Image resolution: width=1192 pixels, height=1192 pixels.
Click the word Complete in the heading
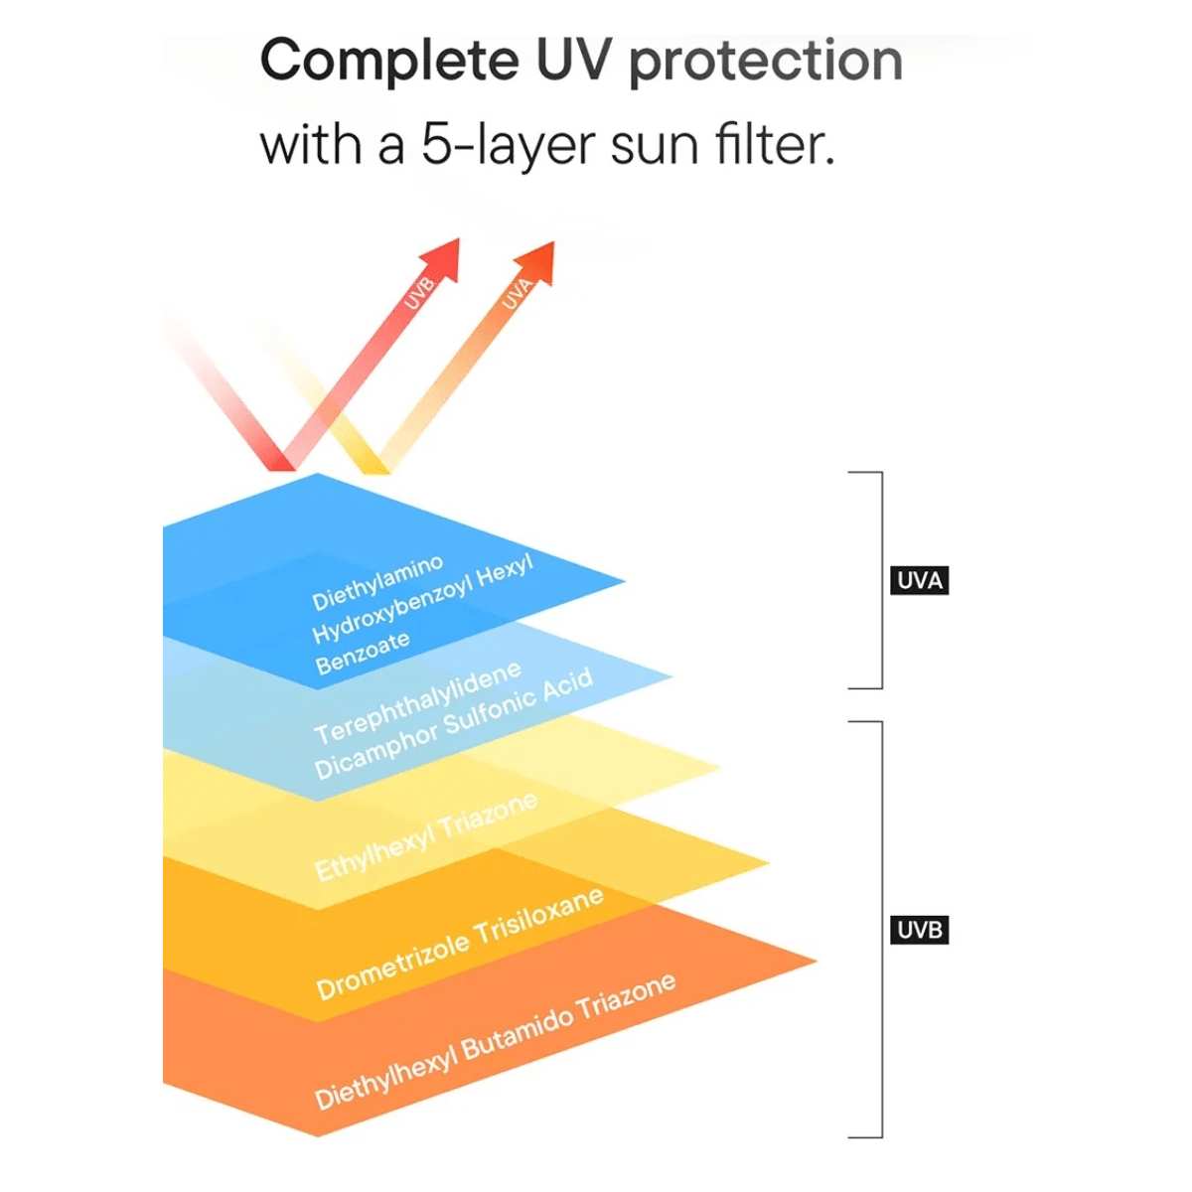[x=388, y=61]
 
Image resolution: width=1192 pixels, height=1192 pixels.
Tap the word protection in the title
[x=766, y=63]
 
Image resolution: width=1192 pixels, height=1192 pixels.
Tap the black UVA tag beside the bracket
[x=919, y=580]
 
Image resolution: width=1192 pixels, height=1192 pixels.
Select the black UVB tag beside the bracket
[x=919, y=931]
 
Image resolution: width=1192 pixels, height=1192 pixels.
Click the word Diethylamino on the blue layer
[x=377, y=583]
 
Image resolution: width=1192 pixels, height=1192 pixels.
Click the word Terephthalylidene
[x=417, y=702]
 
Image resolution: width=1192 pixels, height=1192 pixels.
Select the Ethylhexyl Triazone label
[x=426, y=836]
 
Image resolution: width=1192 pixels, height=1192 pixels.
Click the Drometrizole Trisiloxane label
[x=459, y=943]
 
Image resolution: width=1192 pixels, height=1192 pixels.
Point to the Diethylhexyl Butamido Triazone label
[x=495, y=1041]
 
